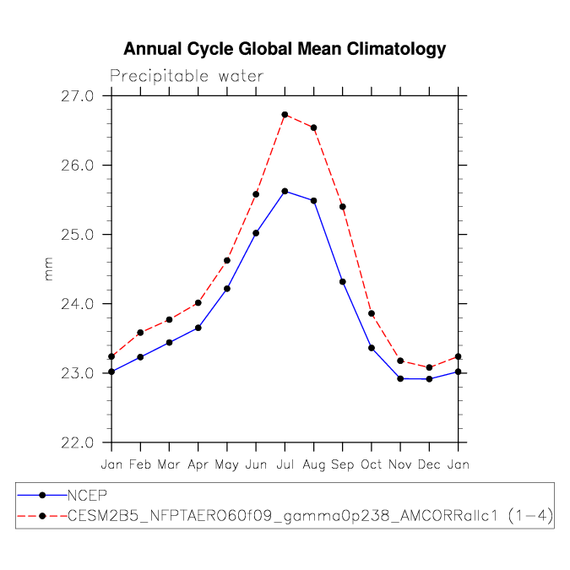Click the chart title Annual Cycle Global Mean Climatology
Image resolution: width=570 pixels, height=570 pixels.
tap(285, 49)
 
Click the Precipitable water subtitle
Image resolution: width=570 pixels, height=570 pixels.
tap(187, 76)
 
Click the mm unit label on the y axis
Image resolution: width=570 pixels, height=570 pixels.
tap(48, 269)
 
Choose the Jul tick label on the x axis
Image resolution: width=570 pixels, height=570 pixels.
tap(285, 464)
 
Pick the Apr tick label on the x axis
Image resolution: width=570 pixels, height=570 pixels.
tap(198, 464)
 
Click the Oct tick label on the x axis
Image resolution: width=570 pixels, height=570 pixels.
tap(372, 464)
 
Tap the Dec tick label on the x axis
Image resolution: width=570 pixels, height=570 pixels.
tap(429, 464)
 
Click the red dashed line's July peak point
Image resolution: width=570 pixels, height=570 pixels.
tap(285, 115)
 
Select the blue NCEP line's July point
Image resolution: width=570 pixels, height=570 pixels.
tap(285, 191)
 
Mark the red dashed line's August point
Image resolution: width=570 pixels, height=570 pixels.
tap(314, 128)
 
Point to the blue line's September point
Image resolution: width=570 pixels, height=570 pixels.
tap(343, 281)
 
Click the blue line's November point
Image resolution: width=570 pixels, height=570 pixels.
tap(400, 378)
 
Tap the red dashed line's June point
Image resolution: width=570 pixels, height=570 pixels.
tap(256, 194)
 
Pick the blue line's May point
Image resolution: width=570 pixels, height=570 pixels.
tap(227, 289)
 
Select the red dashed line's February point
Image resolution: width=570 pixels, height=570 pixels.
tap(140, 333)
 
